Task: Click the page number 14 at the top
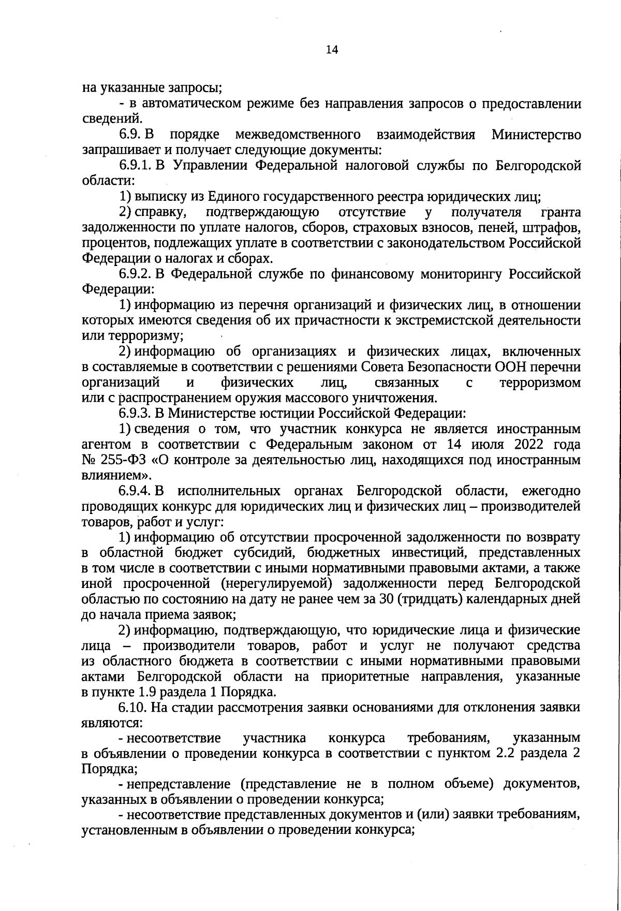[332, 50]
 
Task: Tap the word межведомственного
[298, 135]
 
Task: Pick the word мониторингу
[461, 274]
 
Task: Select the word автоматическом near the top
[201, 104]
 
